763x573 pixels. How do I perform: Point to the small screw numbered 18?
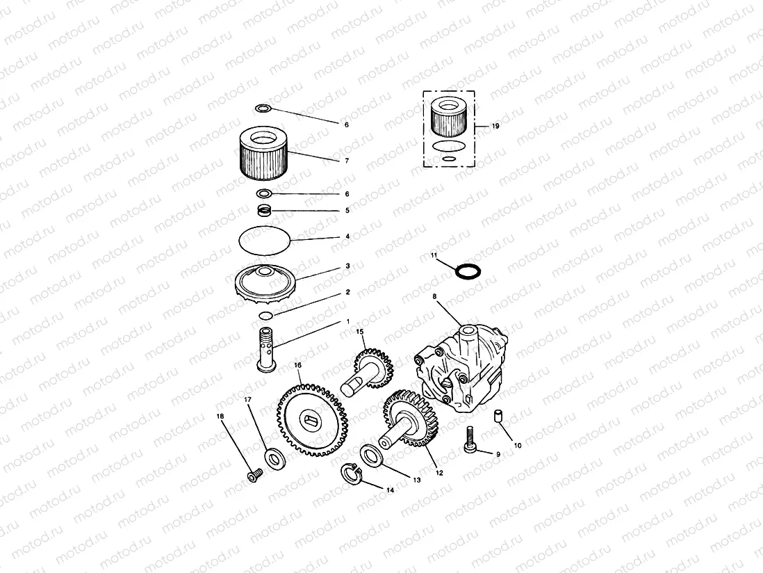click(252, 476)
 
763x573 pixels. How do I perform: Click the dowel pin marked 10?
click(498, 416)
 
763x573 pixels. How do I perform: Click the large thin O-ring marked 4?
click(264, 241)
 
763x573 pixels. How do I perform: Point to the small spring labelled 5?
click(264, 209)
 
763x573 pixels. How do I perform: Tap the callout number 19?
click(495, 127)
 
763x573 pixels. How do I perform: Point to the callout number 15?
click(360, 332)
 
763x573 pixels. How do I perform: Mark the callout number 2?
click(347, 293)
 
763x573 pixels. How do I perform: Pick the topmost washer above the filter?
click(263, 108)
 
